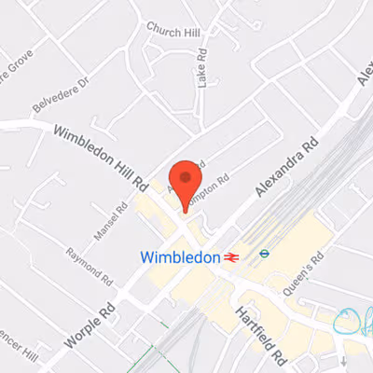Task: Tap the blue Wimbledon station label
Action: pyautogui.click(x=180, y=256)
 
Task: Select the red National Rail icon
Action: pyautogui.click(x=232, y=256)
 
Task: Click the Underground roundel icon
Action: pyautogui.click(x=265, y=251)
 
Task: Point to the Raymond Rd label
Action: pyautogui.click(x=90, y=266)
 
